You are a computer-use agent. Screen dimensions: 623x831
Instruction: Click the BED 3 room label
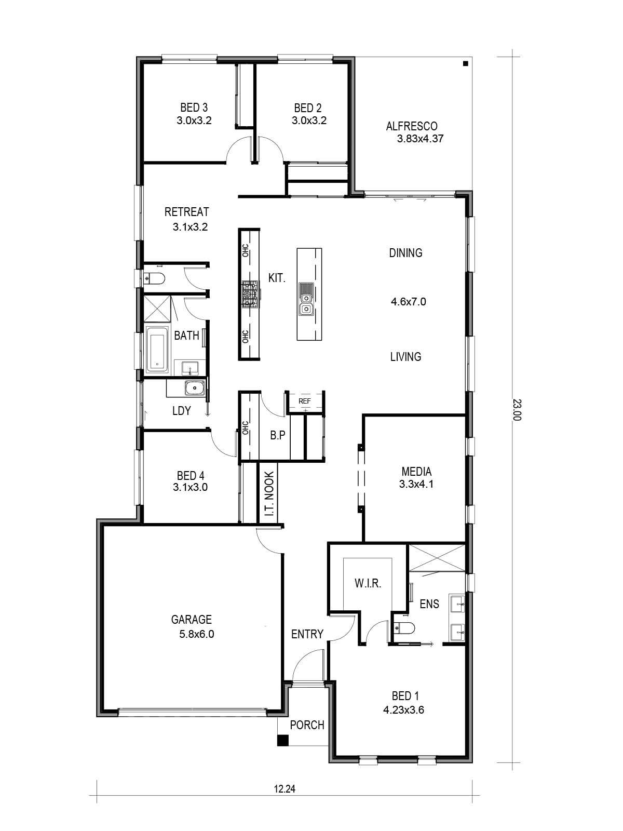(194, 108)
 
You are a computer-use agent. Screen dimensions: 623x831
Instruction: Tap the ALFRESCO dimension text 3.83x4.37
(420, 139)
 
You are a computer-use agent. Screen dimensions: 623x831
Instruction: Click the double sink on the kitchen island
(306, 299)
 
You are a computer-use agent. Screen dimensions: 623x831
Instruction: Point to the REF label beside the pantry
(305, 401)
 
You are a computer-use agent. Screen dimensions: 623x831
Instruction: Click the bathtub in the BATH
(157, 349)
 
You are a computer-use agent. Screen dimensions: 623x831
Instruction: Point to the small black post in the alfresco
(466, 63)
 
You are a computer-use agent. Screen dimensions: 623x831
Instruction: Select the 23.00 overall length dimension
(517, 410)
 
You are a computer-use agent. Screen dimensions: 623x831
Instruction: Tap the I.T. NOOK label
(269, 494)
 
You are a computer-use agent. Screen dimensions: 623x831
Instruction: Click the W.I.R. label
(368, 583)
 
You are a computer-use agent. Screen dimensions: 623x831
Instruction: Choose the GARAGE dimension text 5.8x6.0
(197, 634)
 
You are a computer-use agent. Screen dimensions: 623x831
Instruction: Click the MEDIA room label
(416, 472)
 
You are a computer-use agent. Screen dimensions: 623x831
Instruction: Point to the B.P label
(278, 435)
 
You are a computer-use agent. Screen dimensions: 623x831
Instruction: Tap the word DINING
(405, 253)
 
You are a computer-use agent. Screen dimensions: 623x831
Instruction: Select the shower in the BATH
(157, 310)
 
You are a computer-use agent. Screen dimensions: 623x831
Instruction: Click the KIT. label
(277, 278)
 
